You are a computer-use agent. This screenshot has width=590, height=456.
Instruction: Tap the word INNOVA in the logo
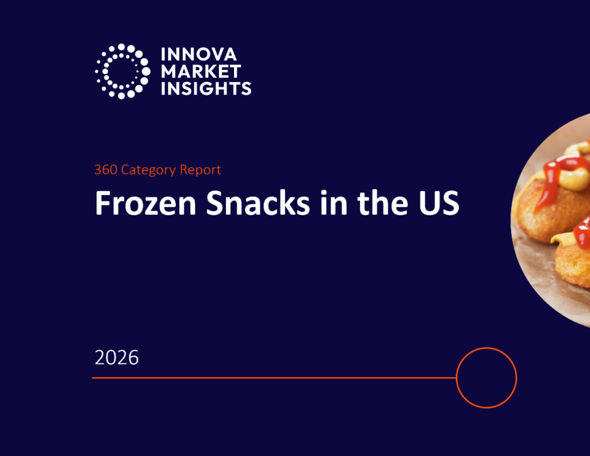(x=199, y=55)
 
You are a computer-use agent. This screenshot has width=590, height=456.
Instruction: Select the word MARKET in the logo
(x=201, y=71)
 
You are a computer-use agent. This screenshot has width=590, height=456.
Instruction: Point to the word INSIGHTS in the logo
(x=206, y=88)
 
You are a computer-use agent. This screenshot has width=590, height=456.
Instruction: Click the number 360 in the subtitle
(x=105, y=170)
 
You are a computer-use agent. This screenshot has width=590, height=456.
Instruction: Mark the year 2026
(x=117, y=358)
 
